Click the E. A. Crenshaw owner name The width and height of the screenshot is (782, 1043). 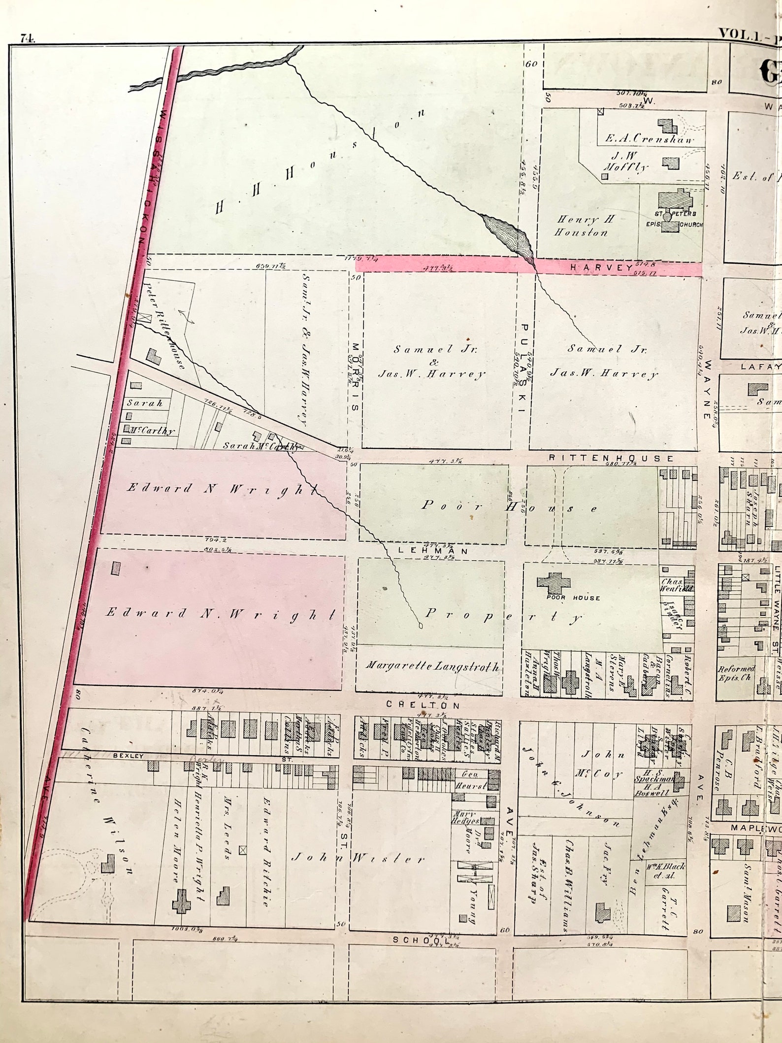click(650, 139)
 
